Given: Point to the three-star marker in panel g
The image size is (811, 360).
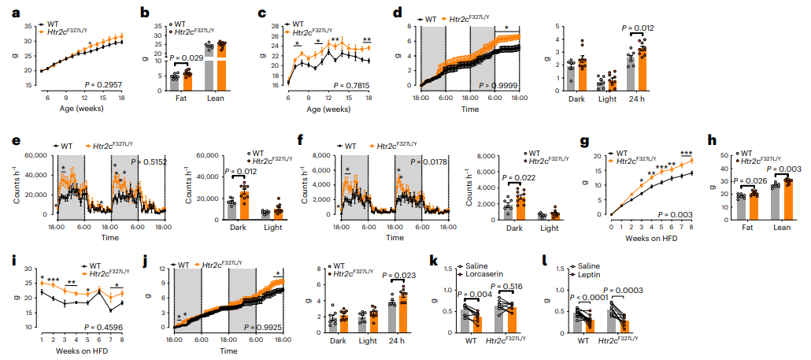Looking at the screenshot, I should click(687, 153).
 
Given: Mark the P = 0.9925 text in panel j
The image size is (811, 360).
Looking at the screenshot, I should click(264, 325).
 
